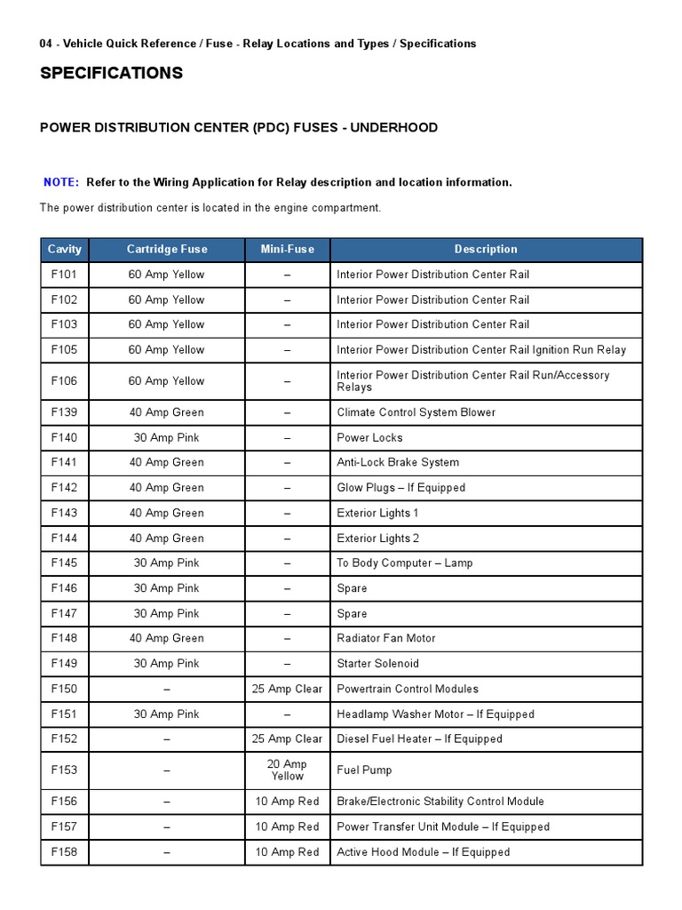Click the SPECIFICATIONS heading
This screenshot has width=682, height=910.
[x=111, y=73]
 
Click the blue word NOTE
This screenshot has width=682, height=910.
[x=60, y=182]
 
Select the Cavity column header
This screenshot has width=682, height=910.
[x=64, y=250]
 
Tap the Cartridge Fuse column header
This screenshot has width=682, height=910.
[x=166, y=250]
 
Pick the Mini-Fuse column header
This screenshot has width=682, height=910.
[x=287, y=250]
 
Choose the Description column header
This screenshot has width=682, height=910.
[x=485, y=250]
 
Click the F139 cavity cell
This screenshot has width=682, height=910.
[x=64, y=412]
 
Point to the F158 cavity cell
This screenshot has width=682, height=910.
[x=64, y=852]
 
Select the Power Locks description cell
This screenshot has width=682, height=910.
[x=369, y=437]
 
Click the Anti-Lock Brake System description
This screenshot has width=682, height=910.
[x=398, y=462]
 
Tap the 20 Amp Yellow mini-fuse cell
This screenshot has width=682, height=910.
[x=287, y=770]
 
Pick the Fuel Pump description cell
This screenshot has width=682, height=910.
[x=364, y=770]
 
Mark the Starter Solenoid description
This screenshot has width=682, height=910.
[x=377, y=663]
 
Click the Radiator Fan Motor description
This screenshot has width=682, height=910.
[x=386, y=638]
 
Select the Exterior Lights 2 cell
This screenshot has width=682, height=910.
[x=377, y=538]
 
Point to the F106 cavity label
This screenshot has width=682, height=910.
[x=64, y=380]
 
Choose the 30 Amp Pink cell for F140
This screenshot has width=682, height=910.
[x=166, y=437]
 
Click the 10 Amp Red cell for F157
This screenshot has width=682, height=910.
[x=287, y=826]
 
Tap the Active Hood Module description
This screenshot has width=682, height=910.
[x=423, y=852]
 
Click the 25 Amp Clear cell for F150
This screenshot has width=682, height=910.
[x=287, y=689]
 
